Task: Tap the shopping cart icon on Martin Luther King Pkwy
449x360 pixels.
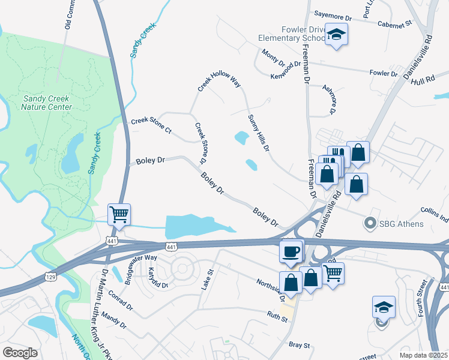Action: coord(119,214)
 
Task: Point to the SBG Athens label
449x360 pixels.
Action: coord(402,224)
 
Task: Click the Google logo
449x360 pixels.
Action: coord(20,353)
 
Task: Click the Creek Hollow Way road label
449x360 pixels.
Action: coord(219,79)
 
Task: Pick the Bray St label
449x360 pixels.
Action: coord(299,345)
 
